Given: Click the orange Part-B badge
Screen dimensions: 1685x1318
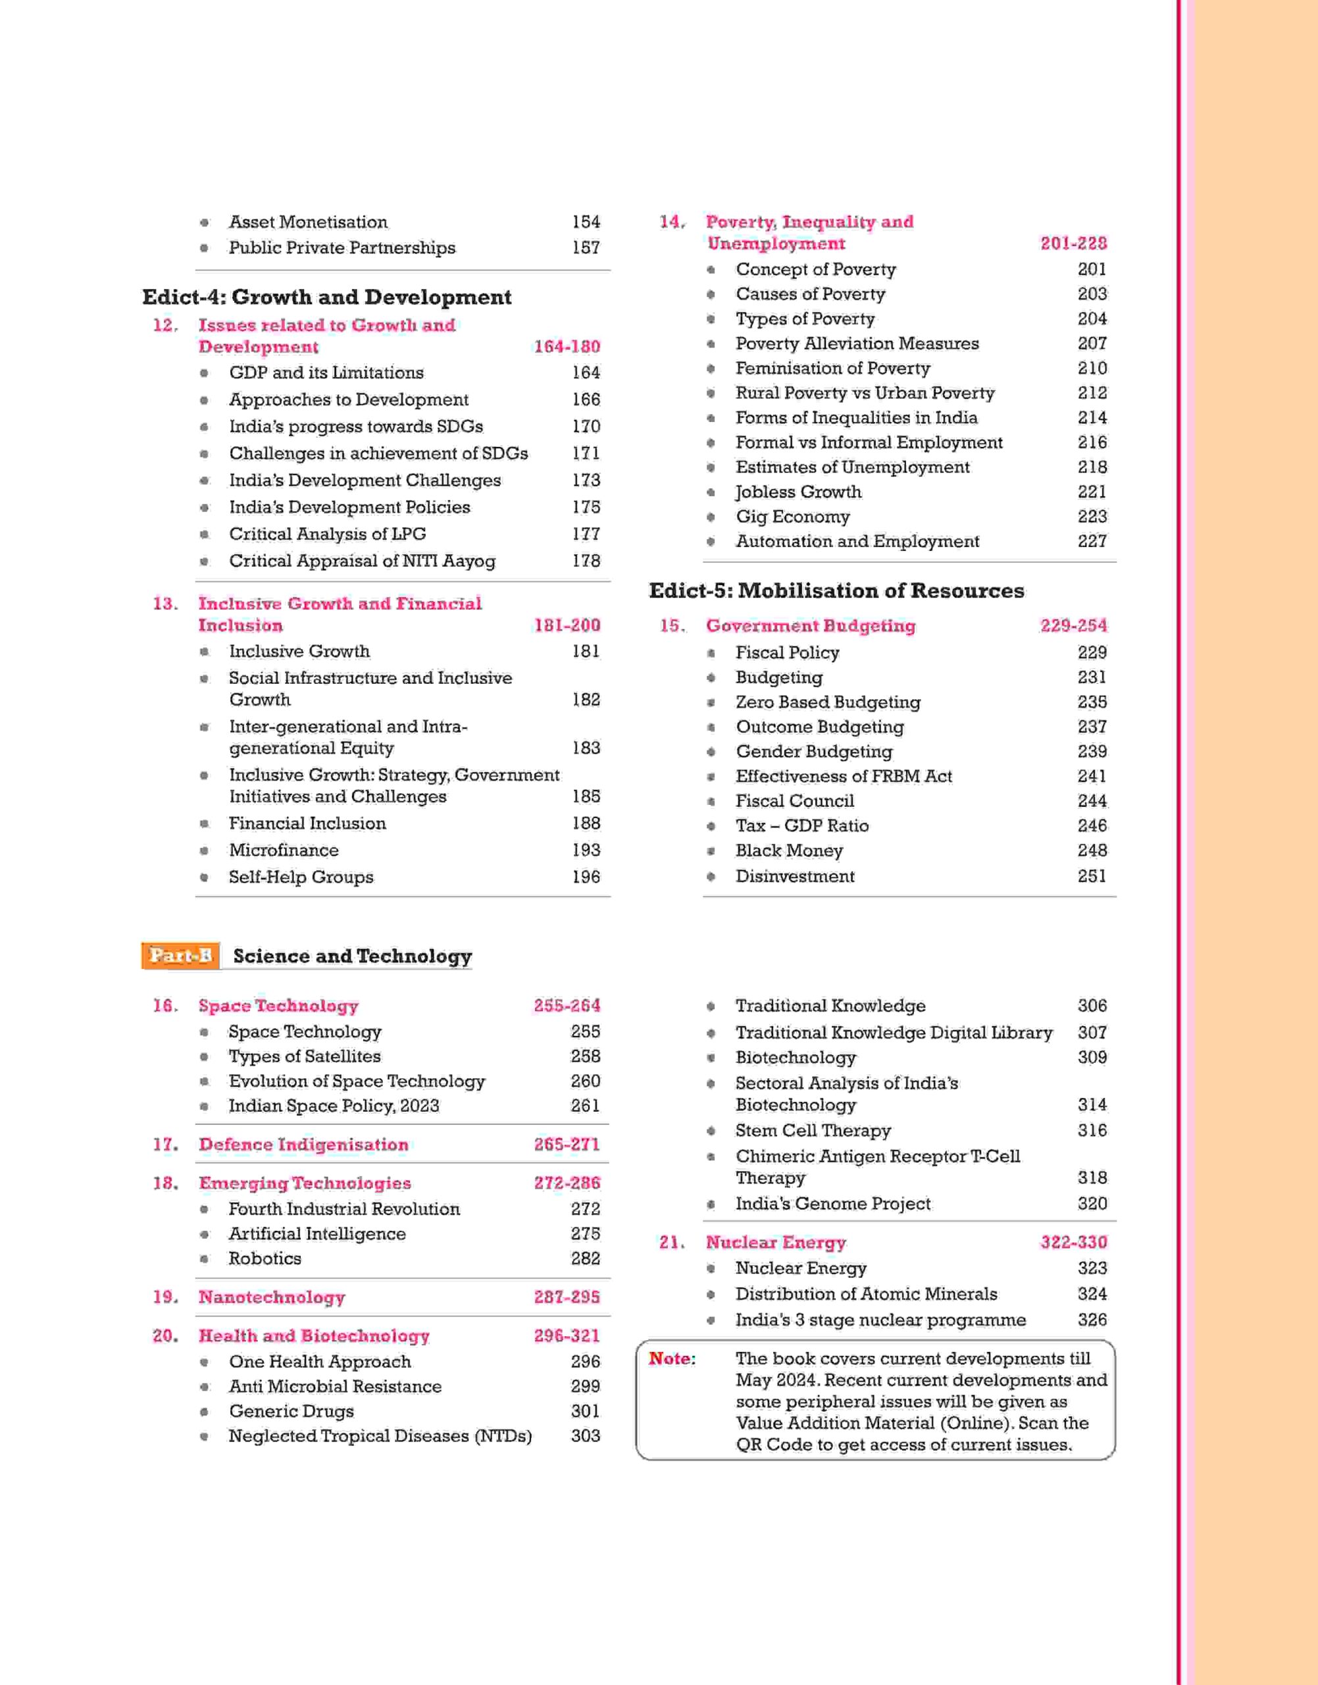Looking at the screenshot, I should coord(180,956).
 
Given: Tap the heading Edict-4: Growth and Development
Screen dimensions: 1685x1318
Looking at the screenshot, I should coord(326,297).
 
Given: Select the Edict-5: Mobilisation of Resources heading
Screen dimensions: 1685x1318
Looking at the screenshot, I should coord(836,590).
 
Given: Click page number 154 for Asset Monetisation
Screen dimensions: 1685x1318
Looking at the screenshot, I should coord(586,222).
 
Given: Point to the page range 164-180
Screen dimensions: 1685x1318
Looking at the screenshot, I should coord(567,347).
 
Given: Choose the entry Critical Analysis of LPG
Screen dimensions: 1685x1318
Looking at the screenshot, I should coord(327,534).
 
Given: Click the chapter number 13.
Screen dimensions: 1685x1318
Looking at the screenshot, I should coord(165,604).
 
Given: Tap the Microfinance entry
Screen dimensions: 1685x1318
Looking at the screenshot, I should coord(283,850).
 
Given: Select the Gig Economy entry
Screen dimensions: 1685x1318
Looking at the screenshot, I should coord(792,517).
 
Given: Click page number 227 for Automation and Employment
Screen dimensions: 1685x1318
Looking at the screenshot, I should coord(1092,541).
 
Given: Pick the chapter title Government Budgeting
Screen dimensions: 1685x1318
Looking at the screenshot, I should coord(810,626).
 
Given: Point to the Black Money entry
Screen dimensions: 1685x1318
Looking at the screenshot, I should coord(789,850).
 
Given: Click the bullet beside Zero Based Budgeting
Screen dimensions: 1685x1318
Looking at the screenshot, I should coord(711,702).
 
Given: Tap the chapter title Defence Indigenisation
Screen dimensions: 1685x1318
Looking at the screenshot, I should coord(303,1145).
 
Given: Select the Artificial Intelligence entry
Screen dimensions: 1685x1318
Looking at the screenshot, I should coord(317,1233).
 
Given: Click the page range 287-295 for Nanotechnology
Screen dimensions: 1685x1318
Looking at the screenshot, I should coord(567,1297).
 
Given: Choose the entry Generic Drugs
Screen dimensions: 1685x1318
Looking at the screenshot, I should coord(291,1411).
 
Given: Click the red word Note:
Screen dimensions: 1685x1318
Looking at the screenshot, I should coord(671,1359).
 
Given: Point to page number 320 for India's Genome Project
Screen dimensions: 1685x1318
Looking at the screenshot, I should coord(1092,1203).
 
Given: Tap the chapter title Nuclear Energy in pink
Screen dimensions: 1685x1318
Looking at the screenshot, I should coord(776,1243).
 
